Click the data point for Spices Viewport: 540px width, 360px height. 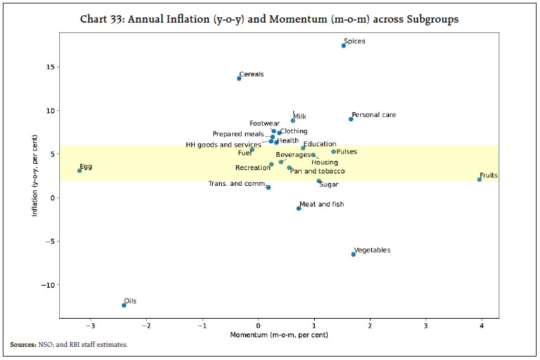344,45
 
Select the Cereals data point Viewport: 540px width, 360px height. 239,78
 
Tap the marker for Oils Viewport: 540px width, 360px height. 124,305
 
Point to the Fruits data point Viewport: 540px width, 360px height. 479,180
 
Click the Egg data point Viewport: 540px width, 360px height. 79,171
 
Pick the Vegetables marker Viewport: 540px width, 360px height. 353,254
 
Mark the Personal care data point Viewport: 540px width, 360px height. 351,119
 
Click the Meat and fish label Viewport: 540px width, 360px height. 322,204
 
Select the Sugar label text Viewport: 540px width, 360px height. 329,184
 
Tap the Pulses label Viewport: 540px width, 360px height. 346,151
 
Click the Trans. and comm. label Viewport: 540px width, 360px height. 238,184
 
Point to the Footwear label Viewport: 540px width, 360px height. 264,124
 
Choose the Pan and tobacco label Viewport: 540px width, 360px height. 317,171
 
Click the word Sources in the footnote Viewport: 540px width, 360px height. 23,343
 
